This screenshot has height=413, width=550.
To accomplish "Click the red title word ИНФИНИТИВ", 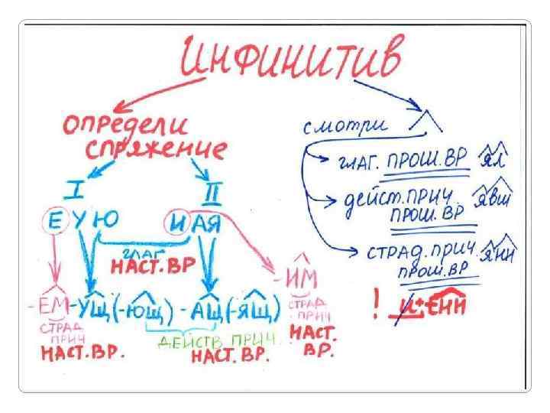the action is coord(290,60).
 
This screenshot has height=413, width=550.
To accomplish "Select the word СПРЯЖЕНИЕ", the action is coord(156,148).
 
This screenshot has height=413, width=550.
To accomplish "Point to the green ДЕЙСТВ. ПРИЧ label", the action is coord(203,340).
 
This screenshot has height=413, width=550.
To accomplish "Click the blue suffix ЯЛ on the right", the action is coord(494,158).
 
